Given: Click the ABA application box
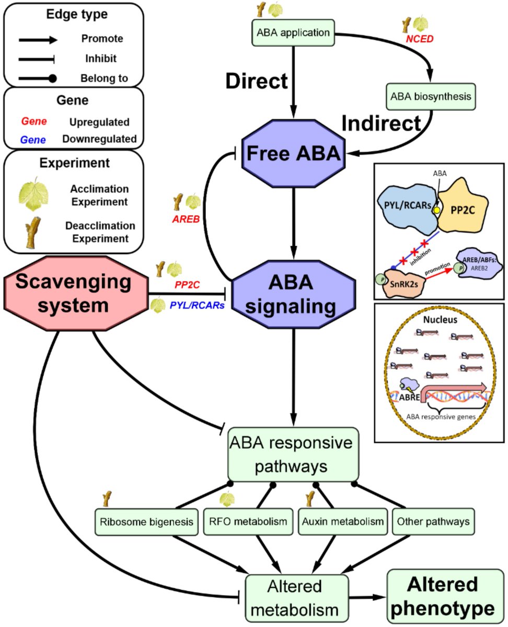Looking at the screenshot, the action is coord(293,32).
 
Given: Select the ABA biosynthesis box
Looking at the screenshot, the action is coord(431,97).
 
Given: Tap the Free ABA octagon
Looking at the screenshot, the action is coord(293,153).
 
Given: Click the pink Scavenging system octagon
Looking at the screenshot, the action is coord(76,293).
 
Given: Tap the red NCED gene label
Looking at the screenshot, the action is coord(419,39).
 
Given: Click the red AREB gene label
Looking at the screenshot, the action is coord(186,219).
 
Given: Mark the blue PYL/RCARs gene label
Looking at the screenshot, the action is coord(197,305).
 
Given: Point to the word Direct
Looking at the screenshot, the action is coord(257,80).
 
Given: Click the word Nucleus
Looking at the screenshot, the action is coord(440,320).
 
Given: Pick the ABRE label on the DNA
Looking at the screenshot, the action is coord(409,397).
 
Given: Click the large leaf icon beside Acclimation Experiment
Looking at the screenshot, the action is coord(33,194).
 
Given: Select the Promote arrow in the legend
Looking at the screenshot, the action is coord(38,40).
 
